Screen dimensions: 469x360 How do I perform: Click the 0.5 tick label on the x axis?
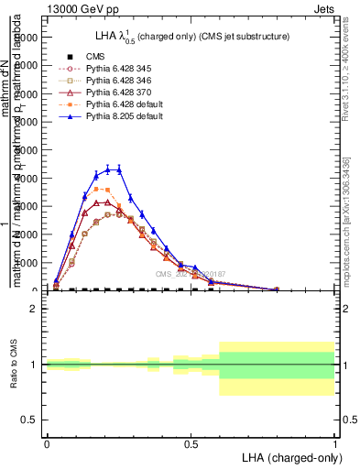(191, 443)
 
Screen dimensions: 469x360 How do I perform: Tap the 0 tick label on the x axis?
(47, 443)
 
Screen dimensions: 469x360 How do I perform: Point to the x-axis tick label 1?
(335, 443)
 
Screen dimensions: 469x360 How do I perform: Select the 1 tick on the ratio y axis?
(34, 365)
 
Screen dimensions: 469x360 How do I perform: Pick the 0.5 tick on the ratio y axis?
(30, 420)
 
